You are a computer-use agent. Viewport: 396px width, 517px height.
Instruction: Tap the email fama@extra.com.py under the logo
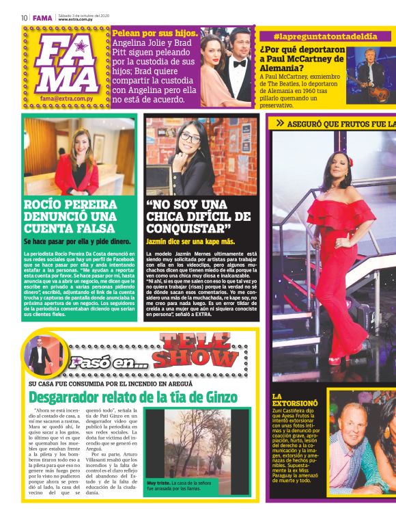point(66,98)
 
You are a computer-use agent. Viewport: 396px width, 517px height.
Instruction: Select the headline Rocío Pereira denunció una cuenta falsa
point(72,216)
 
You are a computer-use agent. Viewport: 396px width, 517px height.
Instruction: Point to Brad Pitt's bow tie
point(241,62)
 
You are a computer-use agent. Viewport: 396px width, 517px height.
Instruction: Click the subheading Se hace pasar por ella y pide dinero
point(77,241)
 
